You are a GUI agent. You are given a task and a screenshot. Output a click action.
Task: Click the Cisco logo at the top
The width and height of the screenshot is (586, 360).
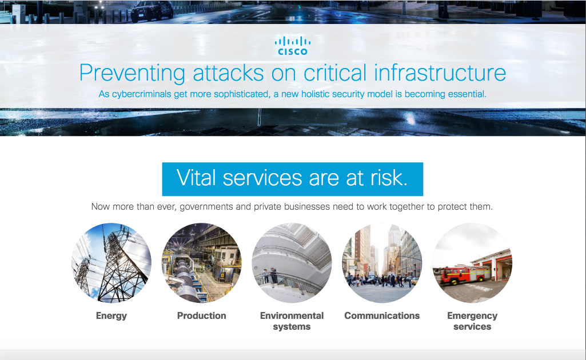point(293,46)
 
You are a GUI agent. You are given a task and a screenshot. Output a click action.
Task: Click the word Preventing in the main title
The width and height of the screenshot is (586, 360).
point(132,73)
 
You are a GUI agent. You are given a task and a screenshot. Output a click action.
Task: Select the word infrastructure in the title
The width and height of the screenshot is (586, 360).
point(440,73)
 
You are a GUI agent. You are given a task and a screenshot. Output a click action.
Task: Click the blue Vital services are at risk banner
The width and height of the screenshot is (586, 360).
point(293,179)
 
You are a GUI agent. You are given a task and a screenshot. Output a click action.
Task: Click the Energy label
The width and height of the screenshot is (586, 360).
point(111,316)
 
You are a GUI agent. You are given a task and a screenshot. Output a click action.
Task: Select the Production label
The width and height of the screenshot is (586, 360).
point(201,315)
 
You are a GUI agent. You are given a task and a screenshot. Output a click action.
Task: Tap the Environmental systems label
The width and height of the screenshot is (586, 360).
point(292,321)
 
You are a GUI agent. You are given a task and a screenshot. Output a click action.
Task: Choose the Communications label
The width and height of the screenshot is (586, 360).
point(382,315)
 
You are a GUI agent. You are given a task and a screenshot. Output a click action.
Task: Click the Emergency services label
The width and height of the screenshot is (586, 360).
point(472,321)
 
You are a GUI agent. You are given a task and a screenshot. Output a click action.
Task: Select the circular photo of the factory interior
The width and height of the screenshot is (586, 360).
point(201,263)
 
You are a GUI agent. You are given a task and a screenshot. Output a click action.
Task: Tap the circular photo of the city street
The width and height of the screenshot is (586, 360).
point(382,263)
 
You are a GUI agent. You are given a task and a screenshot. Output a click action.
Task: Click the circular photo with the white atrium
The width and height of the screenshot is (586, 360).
point(292,263)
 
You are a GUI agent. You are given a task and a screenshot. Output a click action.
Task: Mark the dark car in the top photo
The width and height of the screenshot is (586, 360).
point(152,11)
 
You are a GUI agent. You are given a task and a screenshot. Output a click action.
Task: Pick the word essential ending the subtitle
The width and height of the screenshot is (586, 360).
point(468,94)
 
